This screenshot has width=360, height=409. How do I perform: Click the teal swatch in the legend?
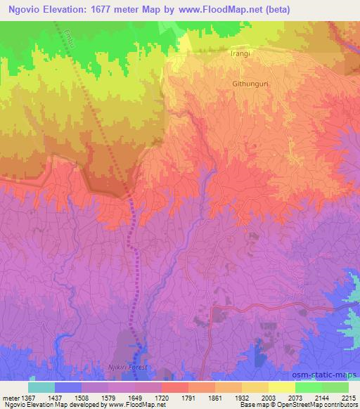41,387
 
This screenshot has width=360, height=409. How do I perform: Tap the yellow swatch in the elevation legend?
281,387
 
